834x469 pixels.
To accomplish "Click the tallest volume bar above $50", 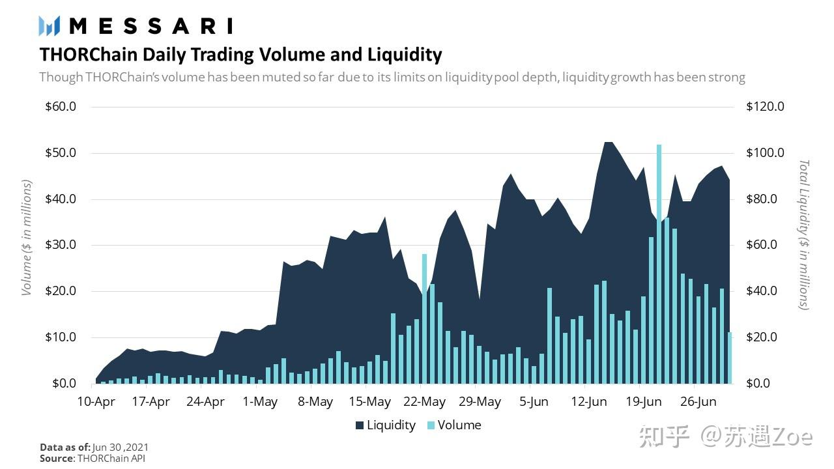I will [x=659, y=261].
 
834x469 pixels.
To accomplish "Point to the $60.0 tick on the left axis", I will [x=61, y=107].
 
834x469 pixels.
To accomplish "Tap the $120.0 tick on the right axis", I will [x=765, y=107].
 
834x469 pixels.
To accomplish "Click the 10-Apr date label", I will [x=96, y=401].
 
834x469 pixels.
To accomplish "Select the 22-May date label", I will [x=425, y=401].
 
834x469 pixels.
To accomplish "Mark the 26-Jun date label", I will [x=698, y=401].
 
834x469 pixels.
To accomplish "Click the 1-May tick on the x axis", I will [x=260, y=401].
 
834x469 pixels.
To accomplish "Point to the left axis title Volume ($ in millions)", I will [x=27, y=238].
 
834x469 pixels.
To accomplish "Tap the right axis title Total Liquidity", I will [x=803, y=234].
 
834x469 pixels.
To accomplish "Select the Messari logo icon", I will [x=50, y=26].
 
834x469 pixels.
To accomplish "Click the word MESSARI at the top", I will [x=151, y=26].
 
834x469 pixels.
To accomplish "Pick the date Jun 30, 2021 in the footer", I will [x=121, y=448].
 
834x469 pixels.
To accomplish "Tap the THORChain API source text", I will [x=111, y=458].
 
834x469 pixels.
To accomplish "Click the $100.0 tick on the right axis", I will [x=765, y=153].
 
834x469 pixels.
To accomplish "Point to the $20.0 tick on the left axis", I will [x=61, y=291].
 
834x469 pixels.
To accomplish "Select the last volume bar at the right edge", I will [x=730, y=358].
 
